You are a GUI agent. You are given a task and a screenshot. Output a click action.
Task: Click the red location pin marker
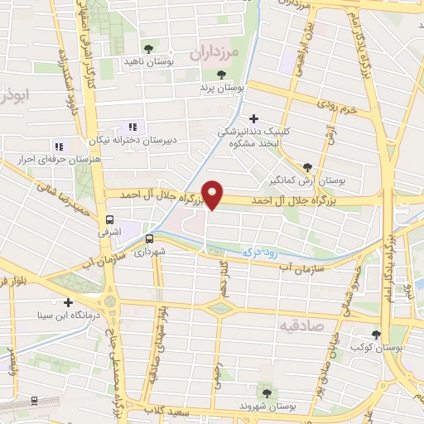(214, 195)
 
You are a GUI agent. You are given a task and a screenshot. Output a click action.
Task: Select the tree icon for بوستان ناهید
(149, 50)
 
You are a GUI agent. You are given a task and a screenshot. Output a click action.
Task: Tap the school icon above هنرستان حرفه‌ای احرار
(58, 146)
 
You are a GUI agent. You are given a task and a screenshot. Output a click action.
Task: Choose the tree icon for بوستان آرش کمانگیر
(309, 166)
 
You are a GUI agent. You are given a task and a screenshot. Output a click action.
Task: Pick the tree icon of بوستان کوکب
(377, 335)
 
